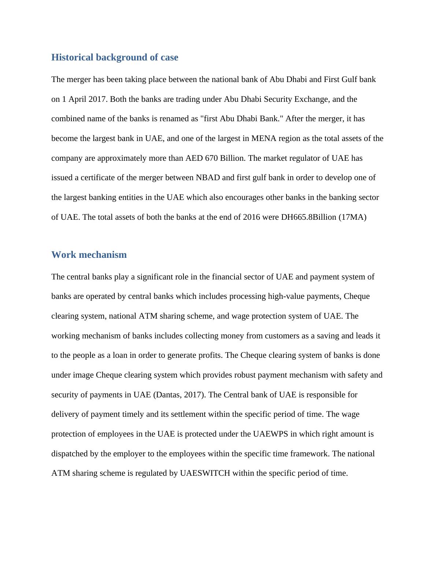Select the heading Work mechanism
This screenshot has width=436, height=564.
89,255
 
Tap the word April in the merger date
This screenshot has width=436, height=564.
77,99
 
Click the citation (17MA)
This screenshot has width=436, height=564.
352,217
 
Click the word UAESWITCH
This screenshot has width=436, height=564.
205,473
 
